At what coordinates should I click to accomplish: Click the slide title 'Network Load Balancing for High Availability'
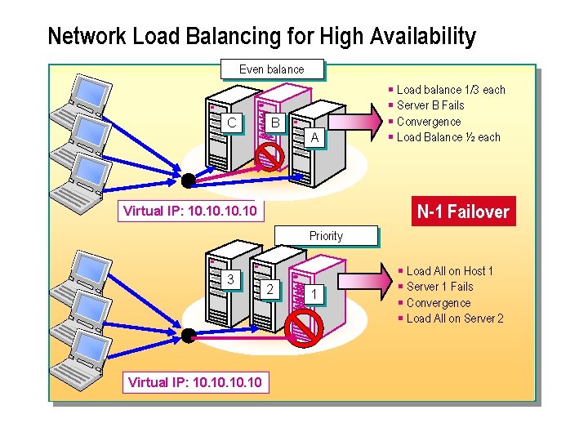point(261,37)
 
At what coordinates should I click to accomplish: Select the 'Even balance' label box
point(272,70)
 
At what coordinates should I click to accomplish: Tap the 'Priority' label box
point(326,236)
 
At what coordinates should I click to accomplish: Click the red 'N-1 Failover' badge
point(463,212)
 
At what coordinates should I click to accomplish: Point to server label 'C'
point(232,123)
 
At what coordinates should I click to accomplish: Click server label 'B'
point(276,123)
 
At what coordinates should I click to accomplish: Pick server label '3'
point(231,279)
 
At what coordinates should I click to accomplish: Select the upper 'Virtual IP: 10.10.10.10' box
point(189,211)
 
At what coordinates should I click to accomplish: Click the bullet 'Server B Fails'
point(430,106)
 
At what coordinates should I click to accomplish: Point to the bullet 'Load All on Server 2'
point(455,318)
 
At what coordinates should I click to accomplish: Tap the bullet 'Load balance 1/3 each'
point(451,90)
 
